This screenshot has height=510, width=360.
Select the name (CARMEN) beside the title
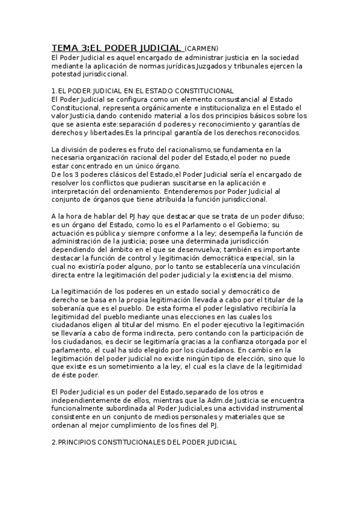click(201, 48)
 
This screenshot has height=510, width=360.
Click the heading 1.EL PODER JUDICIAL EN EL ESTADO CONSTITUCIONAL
click(142, 90)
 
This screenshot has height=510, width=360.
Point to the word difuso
click(291, 216)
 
